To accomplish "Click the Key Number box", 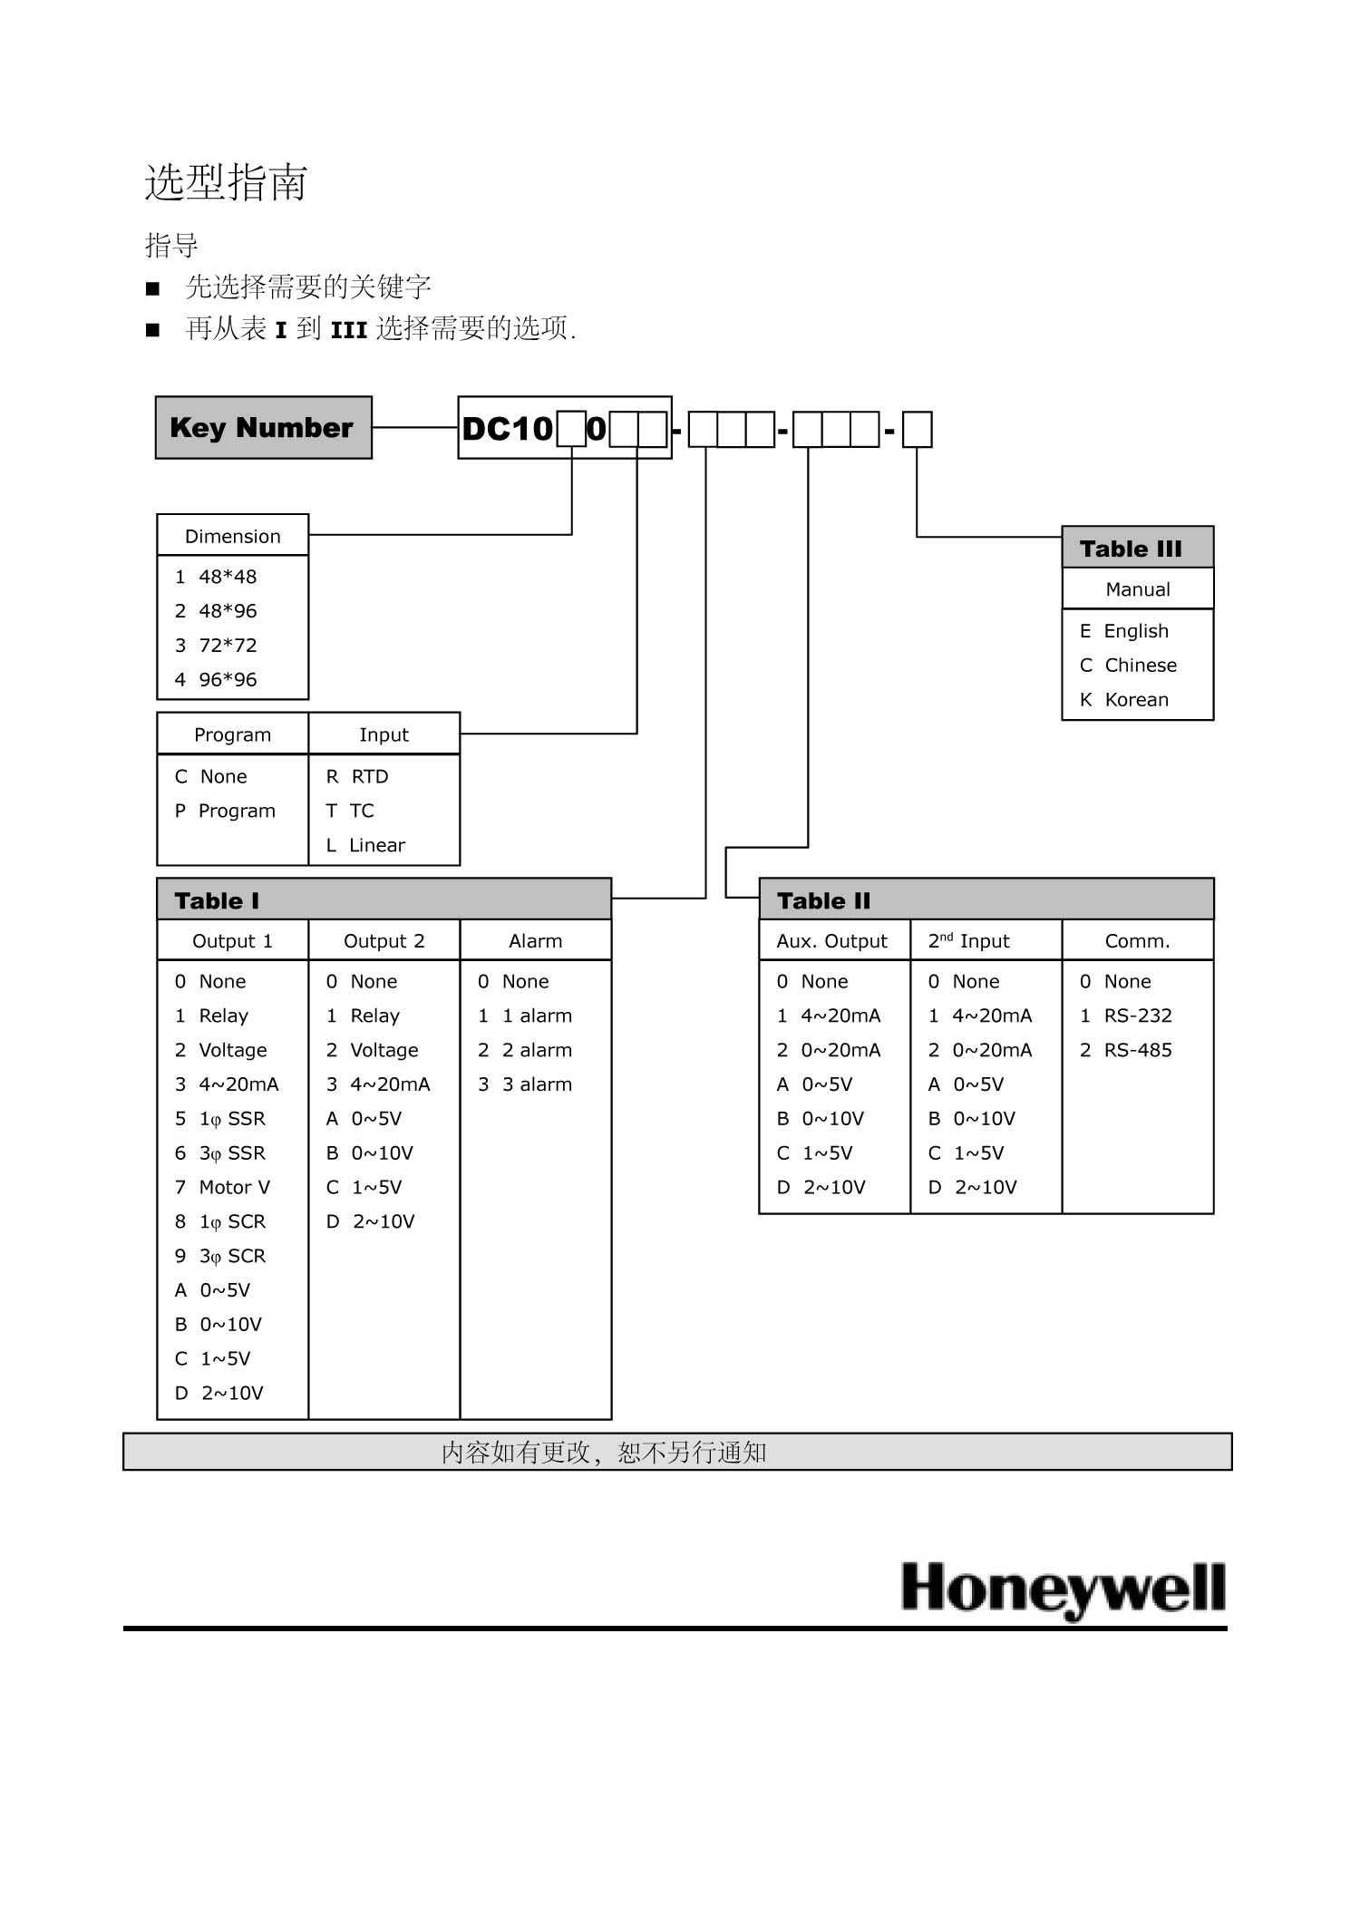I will point(263,427).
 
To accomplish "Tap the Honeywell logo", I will point(1064,1589).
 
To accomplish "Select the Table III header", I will point(1131,549).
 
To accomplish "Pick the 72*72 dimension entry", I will point(217,646).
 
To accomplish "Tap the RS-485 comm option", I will point(1126,1051).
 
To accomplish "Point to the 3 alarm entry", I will point(526,1085).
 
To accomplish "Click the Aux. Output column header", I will point(831,941).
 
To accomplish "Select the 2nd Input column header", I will point(968,941).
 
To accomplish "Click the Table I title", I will point(217,900).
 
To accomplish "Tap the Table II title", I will point(823,900).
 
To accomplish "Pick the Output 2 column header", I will point(384,941).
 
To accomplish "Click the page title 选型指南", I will point(227,182).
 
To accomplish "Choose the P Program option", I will point(226,812).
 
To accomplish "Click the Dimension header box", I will point(232,536).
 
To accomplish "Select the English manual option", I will point(1124,631).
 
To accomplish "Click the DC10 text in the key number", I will point(507,428).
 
